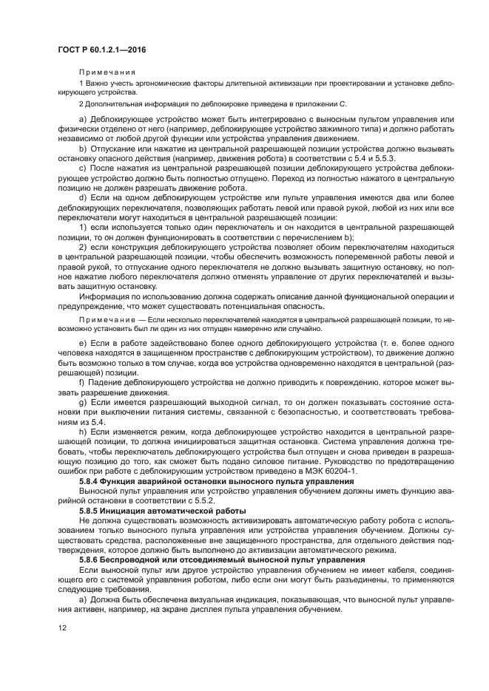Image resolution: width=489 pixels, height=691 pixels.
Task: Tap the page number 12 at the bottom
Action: [x=61, y=628]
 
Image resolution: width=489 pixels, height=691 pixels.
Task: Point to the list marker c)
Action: [x=82, y=169]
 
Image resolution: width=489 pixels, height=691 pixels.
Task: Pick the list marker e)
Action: [x=82, y=345]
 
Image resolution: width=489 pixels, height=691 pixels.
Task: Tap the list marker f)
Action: [x=81, y=383]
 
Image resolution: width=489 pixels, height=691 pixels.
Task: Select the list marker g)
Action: [x=82, y=402]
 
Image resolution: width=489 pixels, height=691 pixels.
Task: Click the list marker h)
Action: [x=82, y=430]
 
